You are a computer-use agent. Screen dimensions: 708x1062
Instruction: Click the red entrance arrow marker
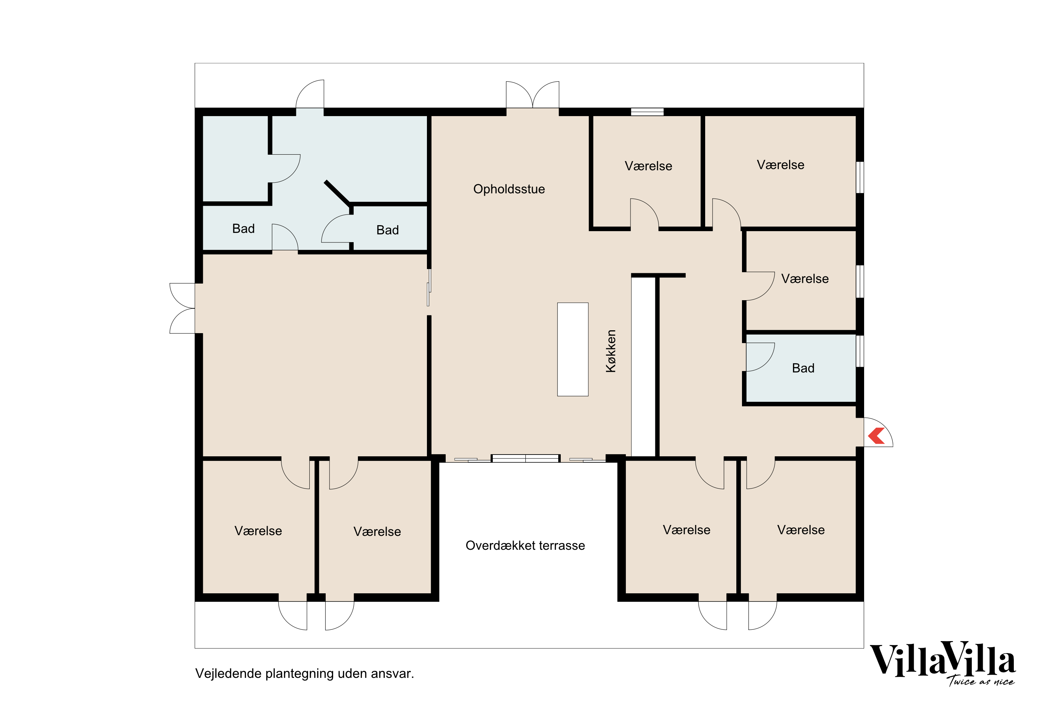[x=877, y=436]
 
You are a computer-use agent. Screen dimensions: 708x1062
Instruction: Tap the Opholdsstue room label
[x=509, y=189]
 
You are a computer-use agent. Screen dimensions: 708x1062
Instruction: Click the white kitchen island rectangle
[x=572, y=349]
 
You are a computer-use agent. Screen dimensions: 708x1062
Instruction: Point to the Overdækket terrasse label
[x=525, y=546]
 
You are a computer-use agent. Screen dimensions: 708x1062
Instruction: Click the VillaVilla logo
[x=942, y=660]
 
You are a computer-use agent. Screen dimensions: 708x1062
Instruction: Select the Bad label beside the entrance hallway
[x=803, y=368]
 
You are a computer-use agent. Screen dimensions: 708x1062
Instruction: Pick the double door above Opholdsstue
[x=532, y=95]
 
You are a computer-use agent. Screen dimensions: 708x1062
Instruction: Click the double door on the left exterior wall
[x=182, y=308]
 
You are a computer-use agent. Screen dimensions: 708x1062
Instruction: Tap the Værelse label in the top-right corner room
[x=780, y=165]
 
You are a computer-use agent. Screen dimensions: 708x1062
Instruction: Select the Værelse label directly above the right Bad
[x=805, y=279]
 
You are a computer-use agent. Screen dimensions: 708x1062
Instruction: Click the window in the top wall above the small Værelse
[x=647, y=112]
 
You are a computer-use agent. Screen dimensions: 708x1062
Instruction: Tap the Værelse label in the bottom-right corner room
[x=800, y=530]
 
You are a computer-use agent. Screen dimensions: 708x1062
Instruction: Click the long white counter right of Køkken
[x=643, y=367]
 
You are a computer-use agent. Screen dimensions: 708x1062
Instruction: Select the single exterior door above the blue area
[x=310, y=95]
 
